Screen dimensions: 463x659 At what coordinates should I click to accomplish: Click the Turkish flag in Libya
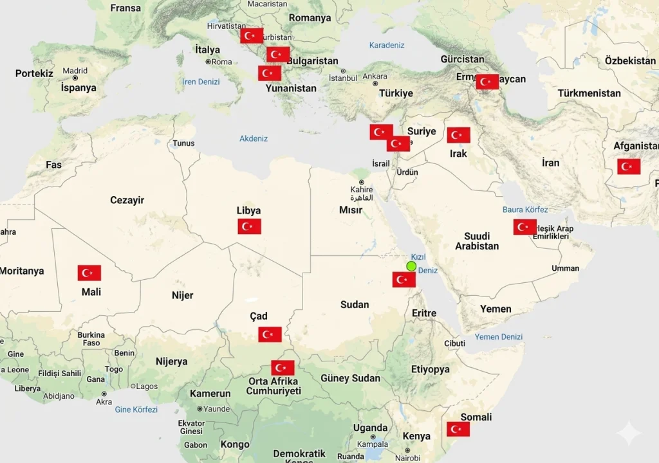249,226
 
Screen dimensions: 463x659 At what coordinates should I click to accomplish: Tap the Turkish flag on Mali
89,273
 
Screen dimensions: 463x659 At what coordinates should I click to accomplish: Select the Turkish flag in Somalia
458,429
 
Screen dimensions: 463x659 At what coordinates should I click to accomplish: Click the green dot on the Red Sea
411,266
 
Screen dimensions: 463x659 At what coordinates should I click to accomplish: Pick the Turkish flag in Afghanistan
629,167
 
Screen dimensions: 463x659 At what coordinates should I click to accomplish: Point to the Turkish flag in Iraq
458,135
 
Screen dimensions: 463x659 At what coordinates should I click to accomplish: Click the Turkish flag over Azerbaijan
487,82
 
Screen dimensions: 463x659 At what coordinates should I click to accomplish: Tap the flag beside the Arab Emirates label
524,227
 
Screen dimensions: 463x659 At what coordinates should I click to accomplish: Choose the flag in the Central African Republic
283,368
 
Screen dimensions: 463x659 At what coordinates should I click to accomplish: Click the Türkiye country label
396,93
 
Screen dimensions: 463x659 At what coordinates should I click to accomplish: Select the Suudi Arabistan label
477,241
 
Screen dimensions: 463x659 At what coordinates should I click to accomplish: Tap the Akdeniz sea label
254,138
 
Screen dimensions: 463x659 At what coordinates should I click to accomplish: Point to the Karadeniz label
387,45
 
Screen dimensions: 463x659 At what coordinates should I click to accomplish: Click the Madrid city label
75,71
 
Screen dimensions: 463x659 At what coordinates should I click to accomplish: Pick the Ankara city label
375,76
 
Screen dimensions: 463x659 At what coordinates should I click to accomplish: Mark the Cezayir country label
127,200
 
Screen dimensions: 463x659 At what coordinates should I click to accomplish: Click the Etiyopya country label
431,369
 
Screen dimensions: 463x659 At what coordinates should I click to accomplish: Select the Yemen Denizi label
499,337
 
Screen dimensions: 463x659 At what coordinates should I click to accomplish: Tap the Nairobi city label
407,458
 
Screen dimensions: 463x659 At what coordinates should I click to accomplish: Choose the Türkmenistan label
589,93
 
